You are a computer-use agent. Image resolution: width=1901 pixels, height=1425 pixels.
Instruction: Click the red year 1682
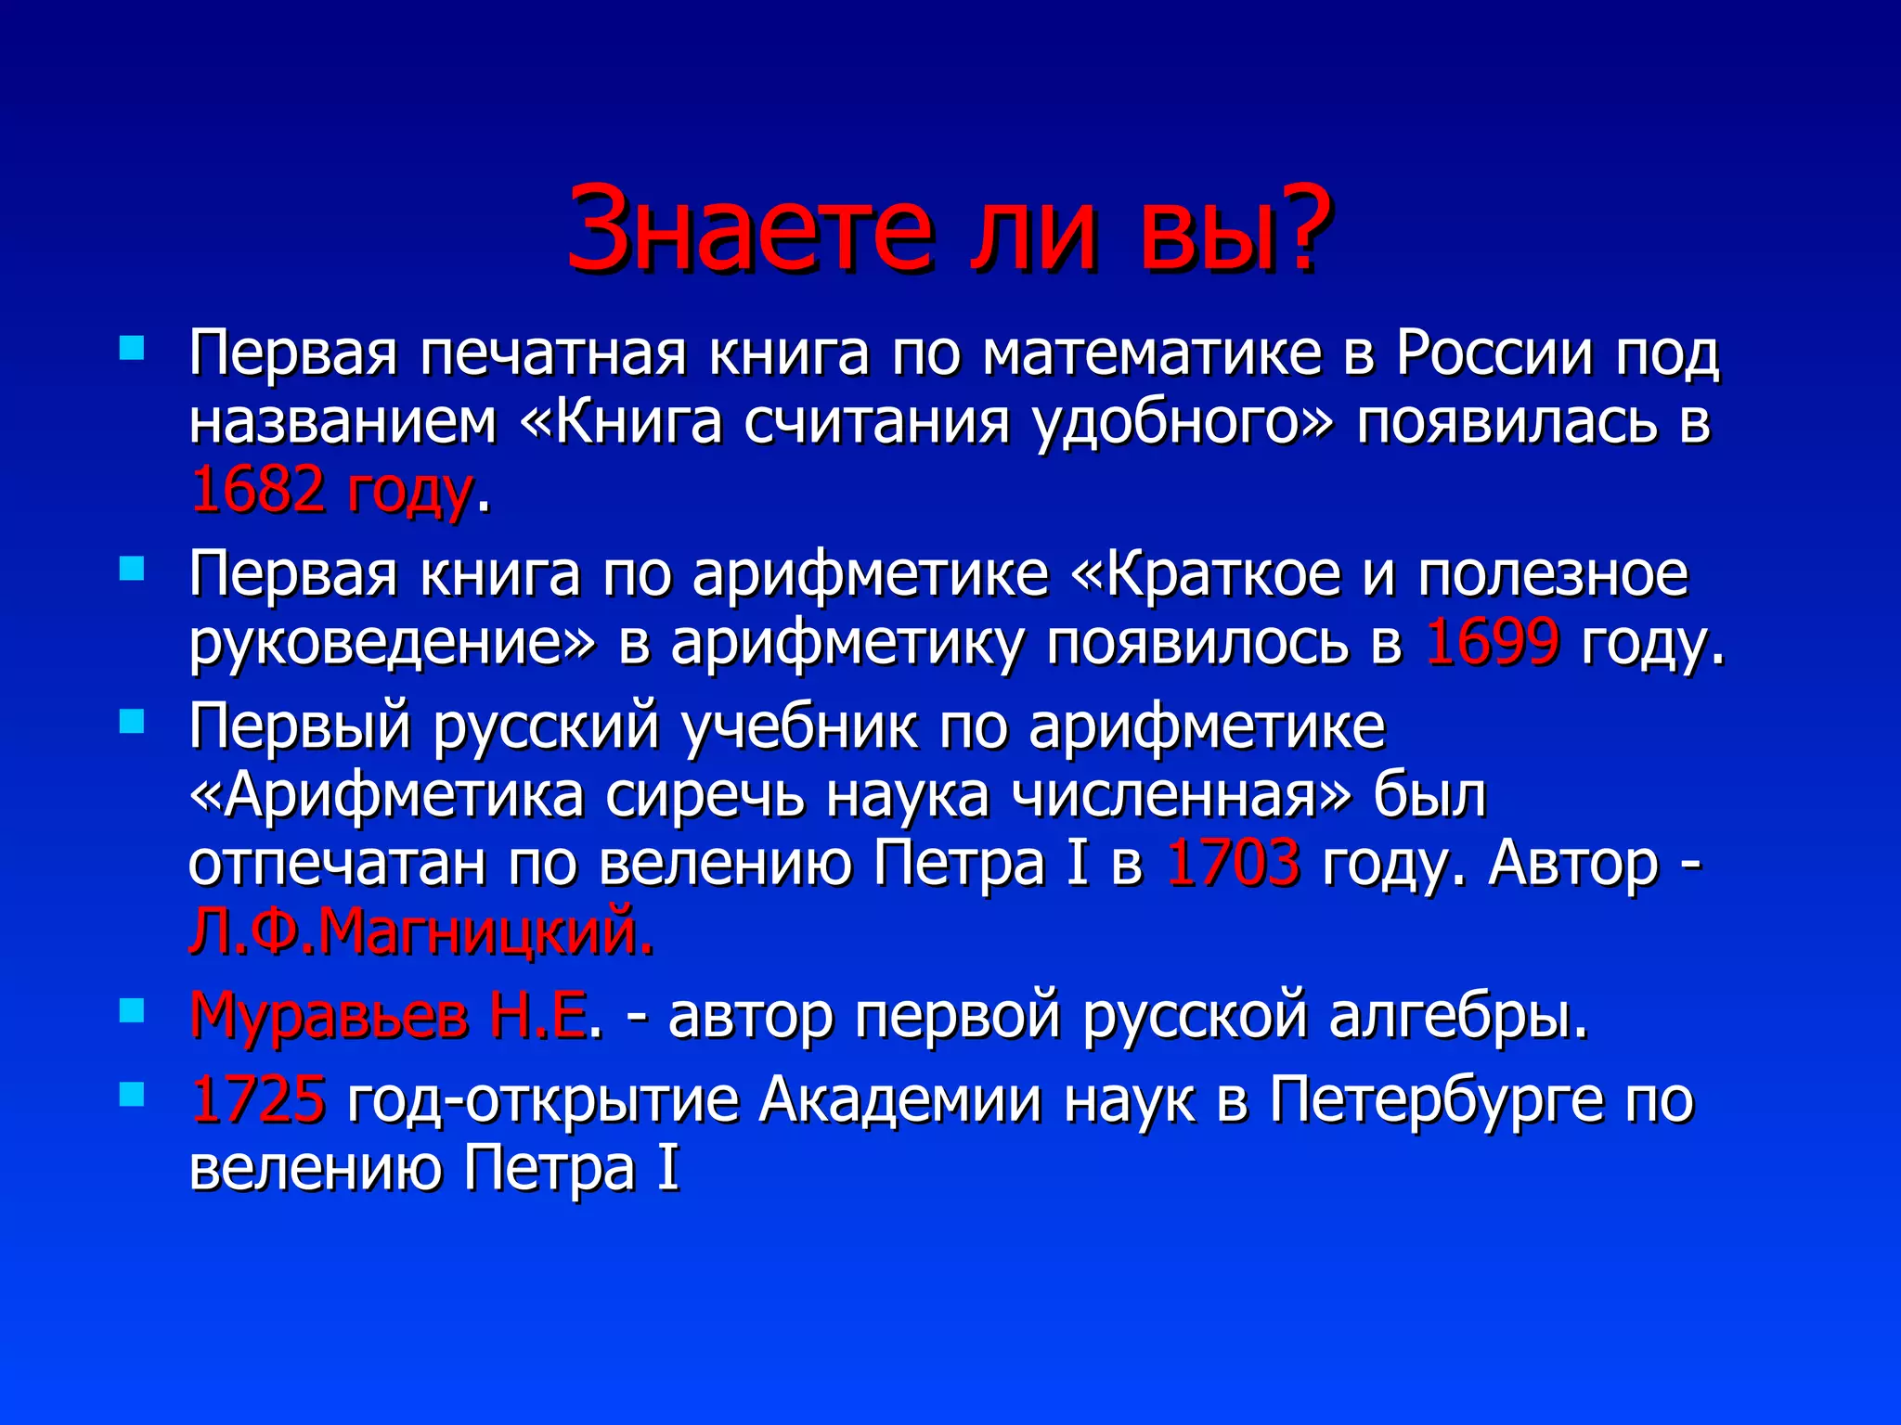(257, 489)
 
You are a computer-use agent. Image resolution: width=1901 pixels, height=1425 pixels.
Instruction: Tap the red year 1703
(1233, 863)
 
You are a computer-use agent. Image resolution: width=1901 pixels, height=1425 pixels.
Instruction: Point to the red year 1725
(257, 1098)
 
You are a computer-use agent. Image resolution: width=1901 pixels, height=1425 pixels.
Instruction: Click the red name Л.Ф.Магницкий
(421, 931)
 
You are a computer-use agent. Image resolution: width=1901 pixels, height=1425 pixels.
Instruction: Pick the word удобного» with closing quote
(1183, 422)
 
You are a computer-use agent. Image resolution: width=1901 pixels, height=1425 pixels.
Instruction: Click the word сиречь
(705, 794)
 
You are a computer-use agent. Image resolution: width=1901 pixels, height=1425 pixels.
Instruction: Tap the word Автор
(1572, 863)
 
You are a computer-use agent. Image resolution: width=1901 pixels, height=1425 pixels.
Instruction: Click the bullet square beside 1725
(133, 1095)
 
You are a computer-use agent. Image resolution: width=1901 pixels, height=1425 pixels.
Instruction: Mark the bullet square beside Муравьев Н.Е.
(133, 1011)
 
